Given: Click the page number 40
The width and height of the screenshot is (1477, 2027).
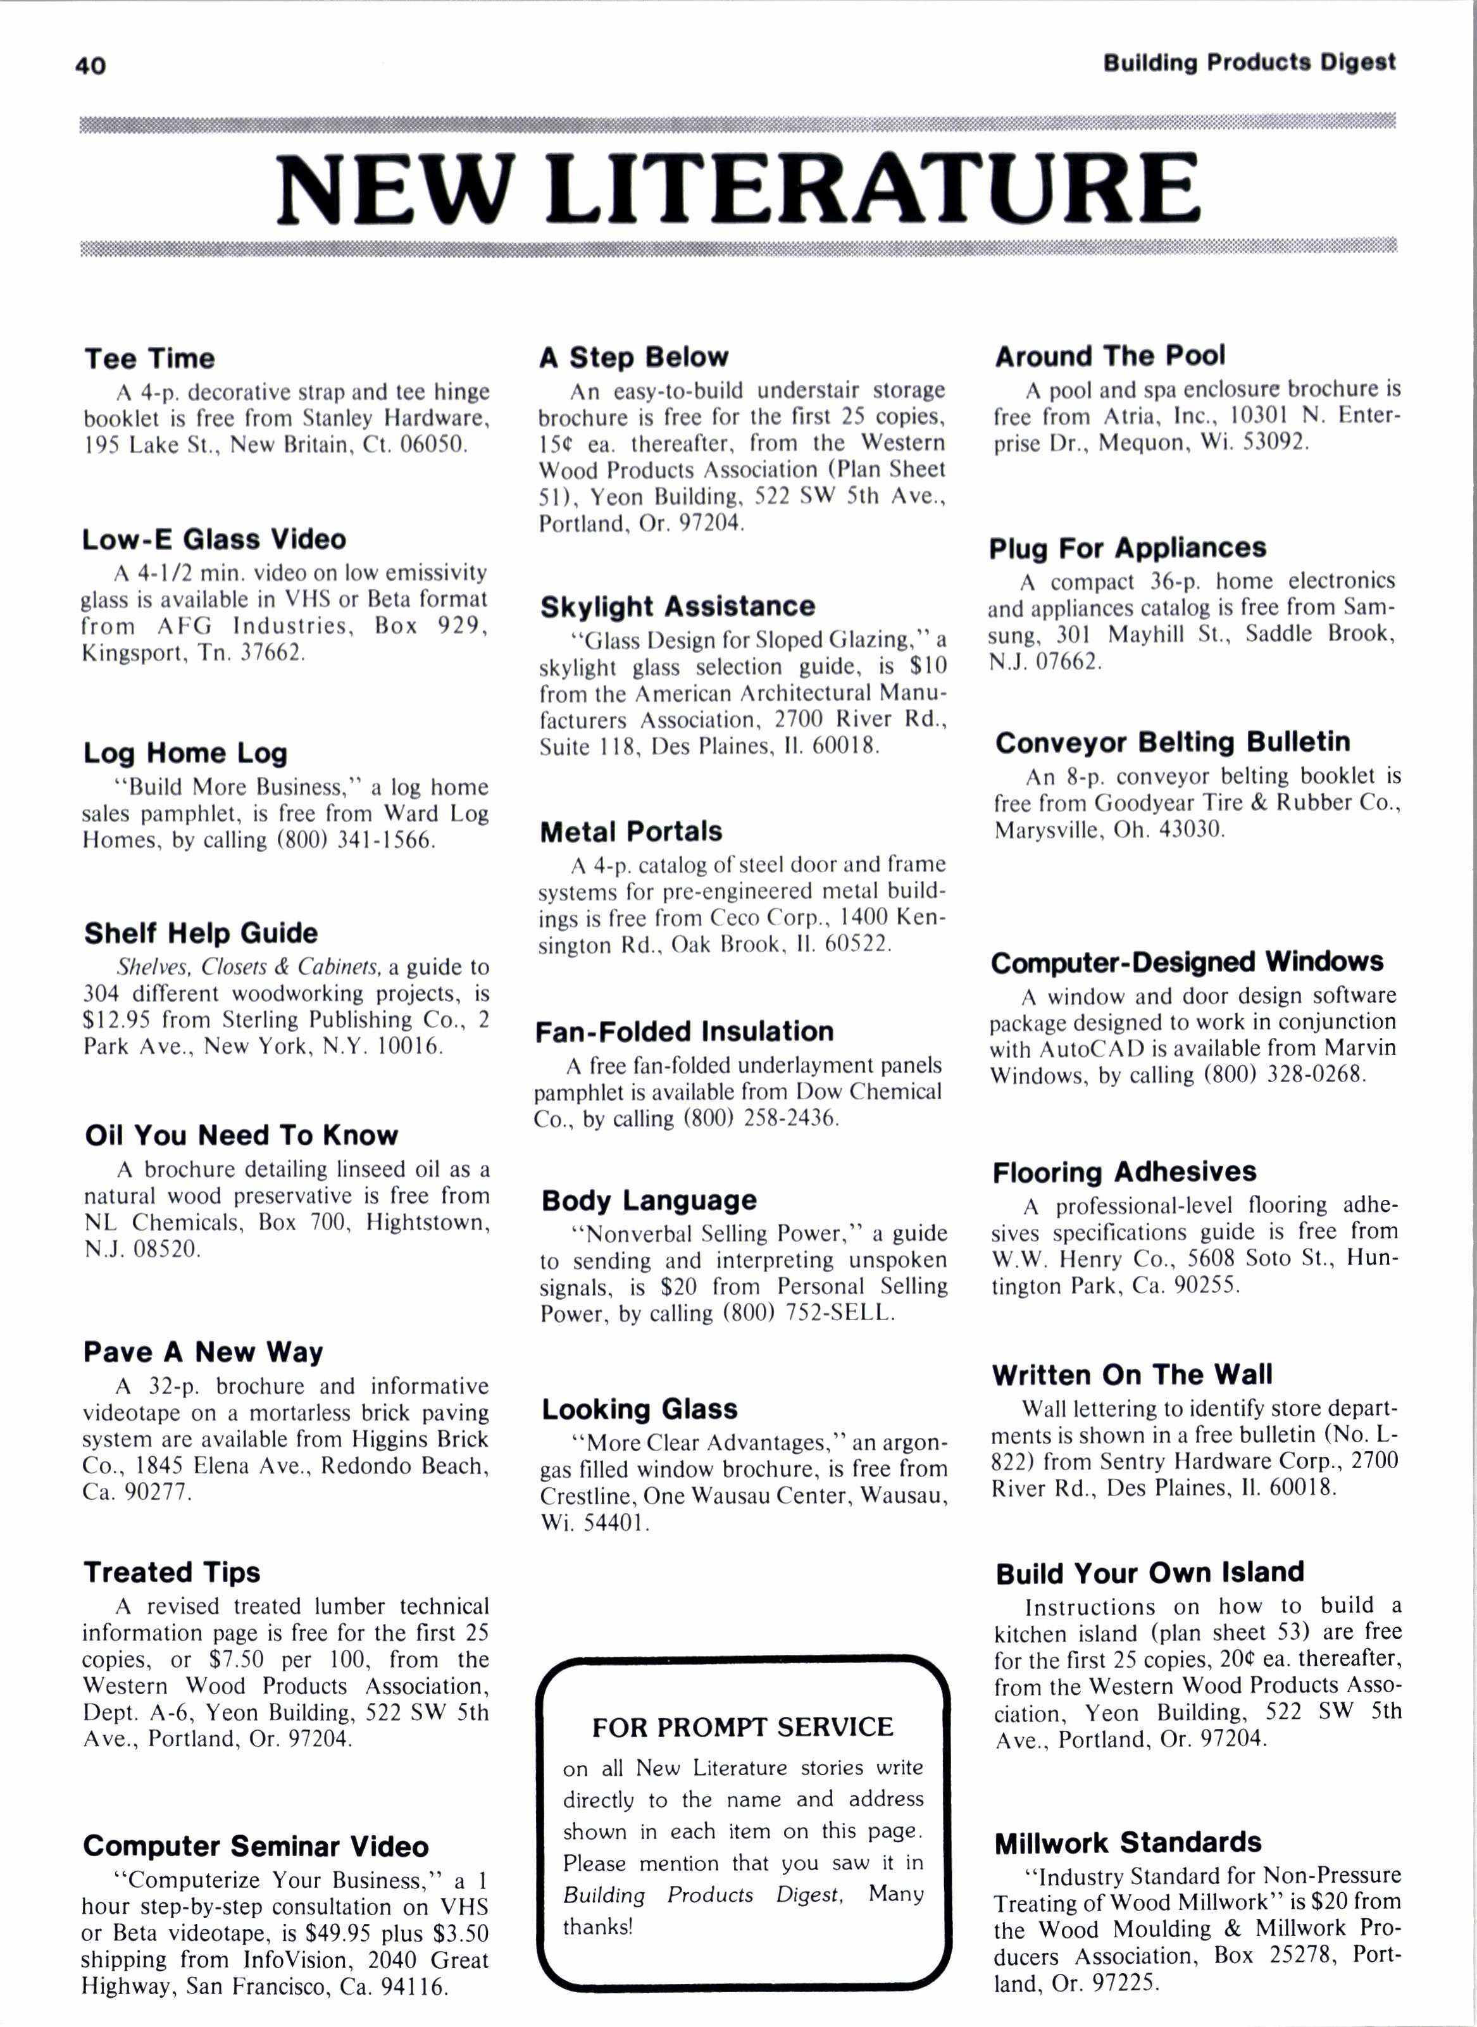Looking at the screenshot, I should point(90,65).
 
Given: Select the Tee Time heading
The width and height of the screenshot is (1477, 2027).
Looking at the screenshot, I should point(149,359).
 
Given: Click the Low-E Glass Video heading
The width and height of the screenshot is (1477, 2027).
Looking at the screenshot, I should point(214,539).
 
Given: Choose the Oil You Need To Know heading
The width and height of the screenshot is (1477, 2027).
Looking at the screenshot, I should point(241,1135).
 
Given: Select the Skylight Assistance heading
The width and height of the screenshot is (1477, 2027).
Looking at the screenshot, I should point(677,606).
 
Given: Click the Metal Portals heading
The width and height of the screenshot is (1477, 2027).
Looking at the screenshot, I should point(630,832).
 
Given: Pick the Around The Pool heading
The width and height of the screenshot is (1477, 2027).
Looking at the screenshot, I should point(1109,356).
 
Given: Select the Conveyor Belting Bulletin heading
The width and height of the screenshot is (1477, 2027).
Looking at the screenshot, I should point(1172,742).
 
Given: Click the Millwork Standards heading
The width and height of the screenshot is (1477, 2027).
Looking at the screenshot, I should point(1128,1842).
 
